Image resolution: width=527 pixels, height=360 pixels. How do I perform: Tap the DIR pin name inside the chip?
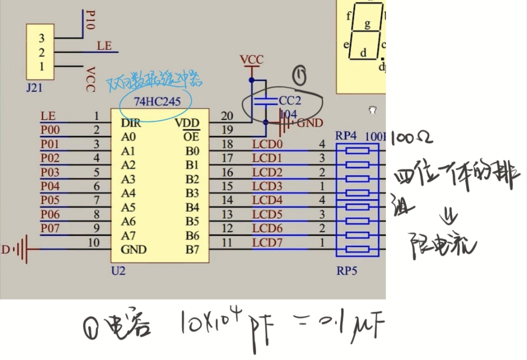(131, 123)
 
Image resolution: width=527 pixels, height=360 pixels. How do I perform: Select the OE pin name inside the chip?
(191, 137)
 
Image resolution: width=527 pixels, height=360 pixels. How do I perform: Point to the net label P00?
(50, 131)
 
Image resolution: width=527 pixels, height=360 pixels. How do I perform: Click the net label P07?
(50, 228)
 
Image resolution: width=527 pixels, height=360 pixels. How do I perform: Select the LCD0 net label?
(267, 144)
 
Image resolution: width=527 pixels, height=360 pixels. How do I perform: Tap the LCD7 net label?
(267, 242)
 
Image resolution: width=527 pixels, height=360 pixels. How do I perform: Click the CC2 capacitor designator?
(290, 100)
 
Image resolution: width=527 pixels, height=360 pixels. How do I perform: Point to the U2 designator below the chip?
(118, 270)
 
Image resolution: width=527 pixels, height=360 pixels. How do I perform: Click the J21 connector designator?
(34, 88)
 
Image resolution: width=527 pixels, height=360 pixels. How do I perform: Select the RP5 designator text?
(346, 270)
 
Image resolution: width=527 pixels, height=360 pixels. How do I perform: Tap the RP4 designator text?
(346, 136)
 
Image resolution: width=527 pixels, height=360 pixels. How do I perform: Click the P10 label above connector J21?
(91, 20)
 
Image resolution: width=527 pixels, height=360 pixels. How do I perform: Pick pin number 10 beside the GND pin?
(94, 243)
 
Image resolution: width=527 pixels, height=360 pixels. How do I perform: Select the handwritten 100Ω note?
(411, 138)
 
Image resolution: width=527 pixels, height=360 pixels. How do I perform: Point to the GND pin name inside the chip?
(134, 249)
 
